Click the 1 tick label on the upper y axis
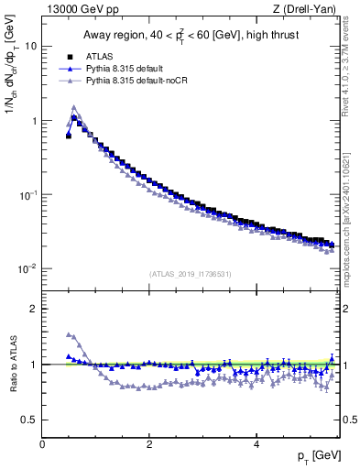[x=34, y=121]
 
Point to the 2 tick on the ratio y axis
[x=34, y=309]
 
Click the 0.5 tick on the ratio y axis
[x=29, y=420]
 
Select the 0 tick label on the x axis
[x=42, y=444]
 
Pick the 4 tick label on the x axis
[x=256, y=444]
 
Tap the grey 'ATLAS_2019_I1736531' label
[x=189, y=273]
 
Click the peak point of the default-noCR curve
[x=74, y=107]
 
